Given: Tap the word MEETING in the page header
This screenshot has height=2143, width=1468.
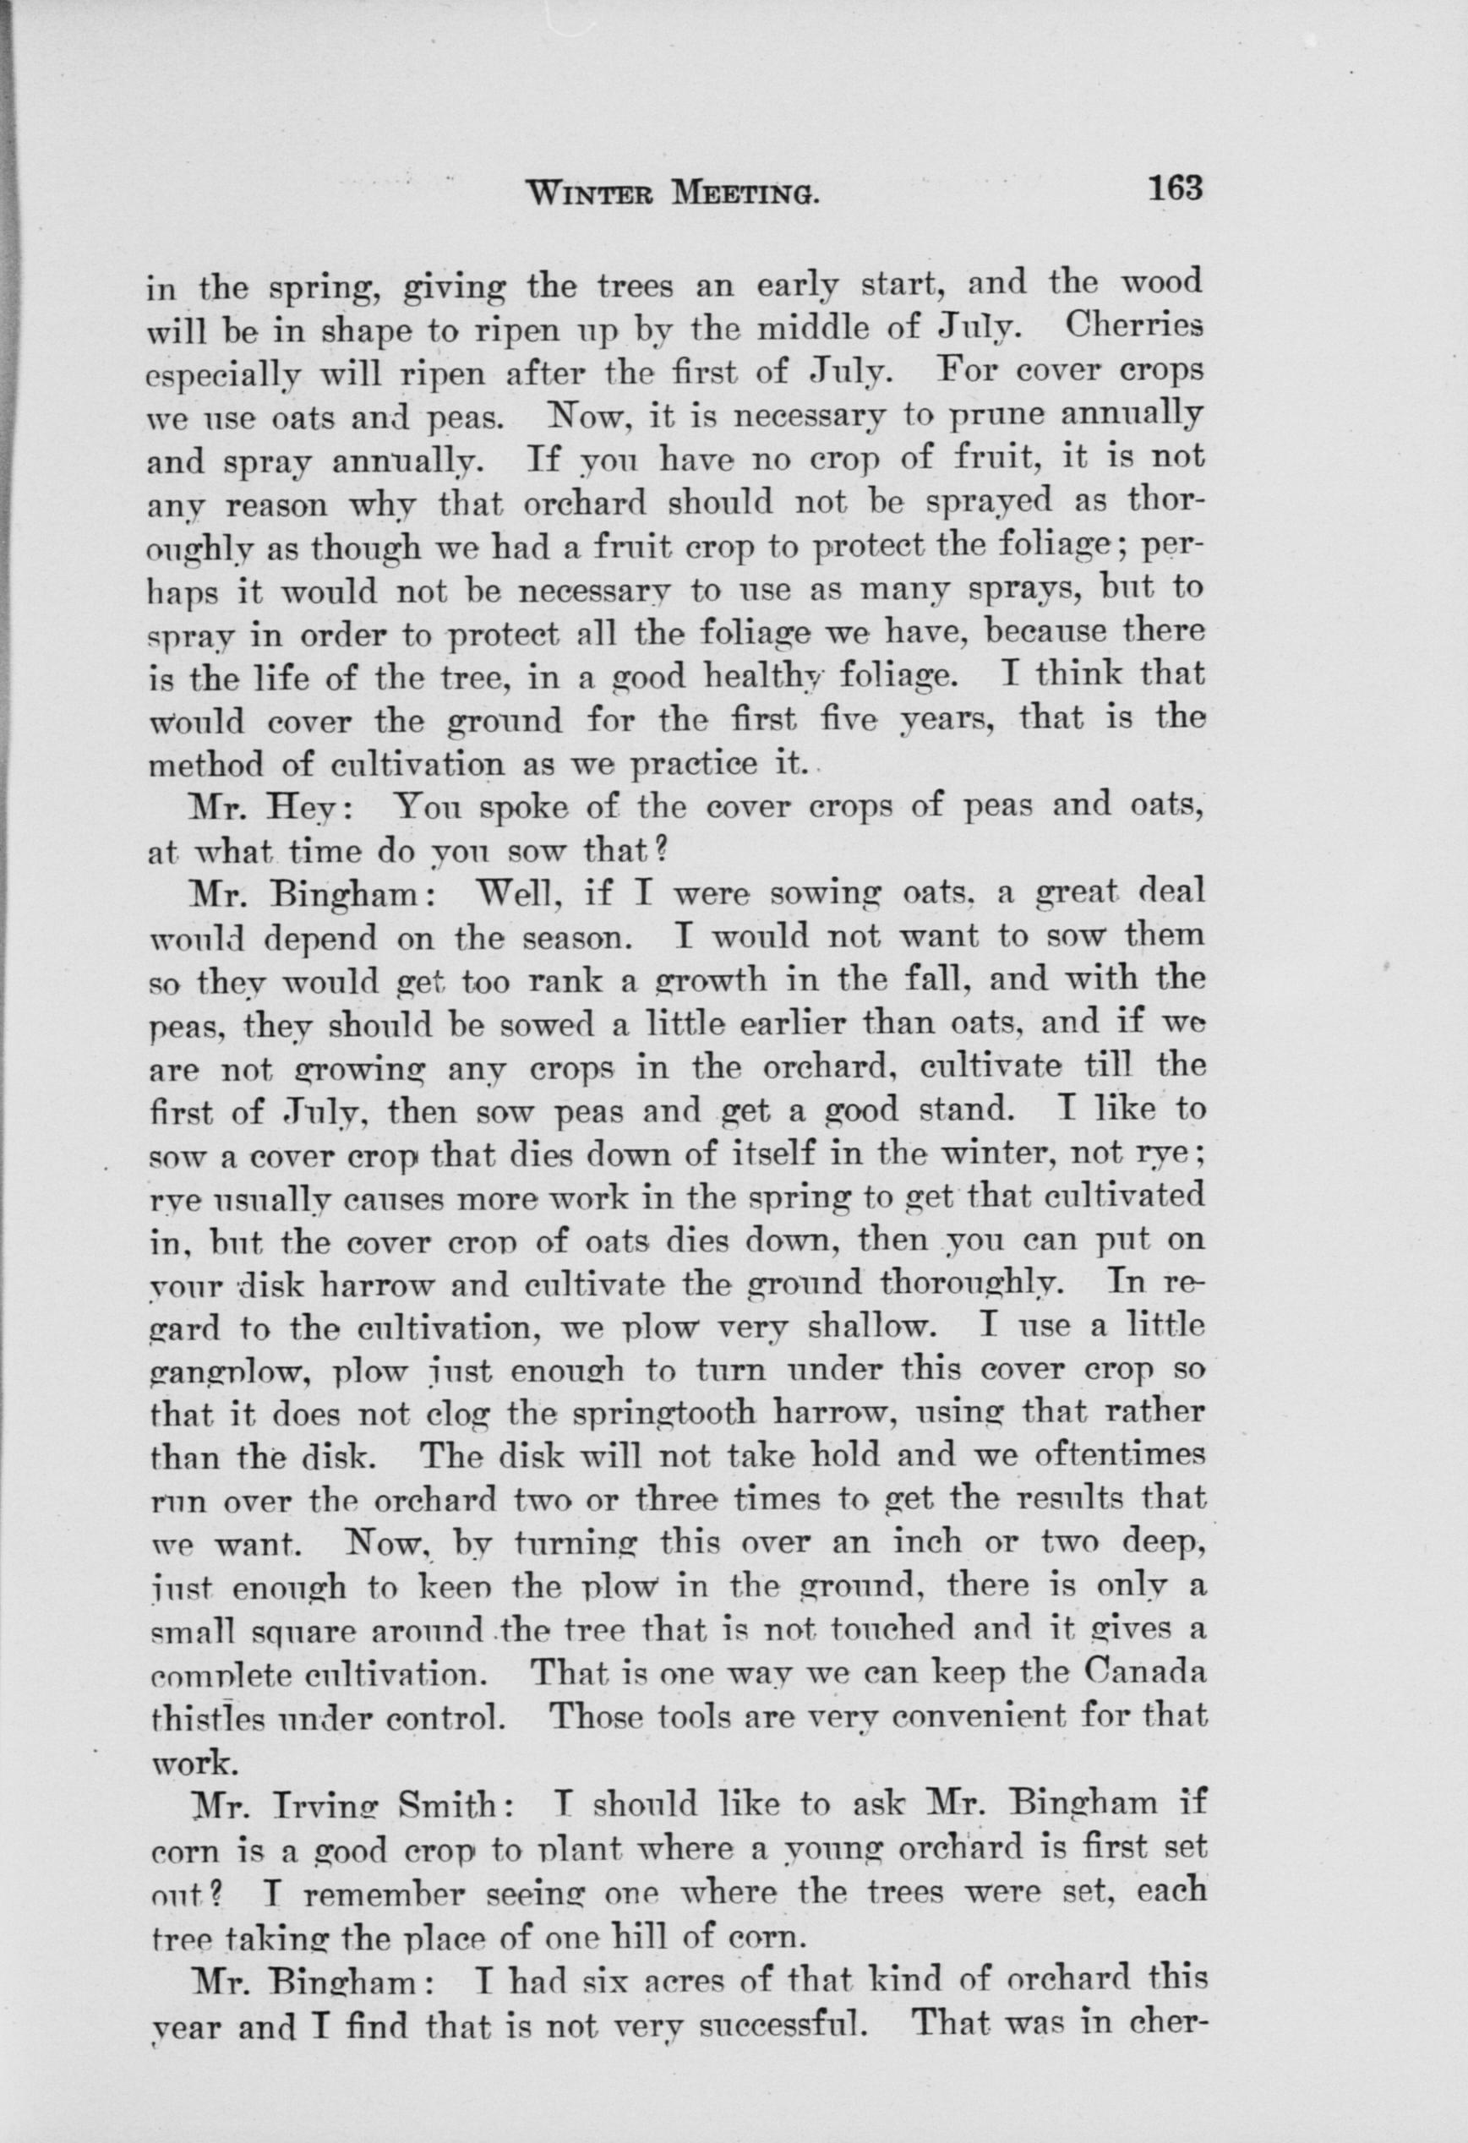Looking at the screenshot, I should point(748,193).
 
